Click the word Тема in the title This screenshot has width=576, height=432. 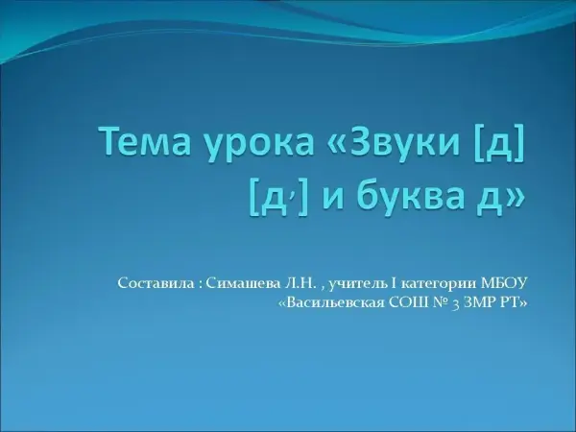[x=146, y=141]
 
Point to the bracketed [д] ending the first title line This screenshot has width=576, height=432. [x=499, y=143]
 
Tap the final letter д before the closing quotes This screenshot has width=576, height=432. [x=490, y=201]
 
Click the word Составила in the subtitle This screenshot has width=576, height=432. [x=156, y=283]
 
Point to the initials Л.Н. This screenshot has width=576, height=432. [x=300, y=283]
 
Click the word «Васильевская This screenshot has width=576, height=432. [x=332, y=302]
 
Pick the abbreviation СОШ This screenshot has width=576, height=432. [x=407, y=302]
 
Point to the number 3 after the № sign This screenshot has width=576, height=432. [x=455, y=305]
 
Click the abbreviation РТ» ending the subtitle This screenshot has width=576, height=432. [x=512, y=302]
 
